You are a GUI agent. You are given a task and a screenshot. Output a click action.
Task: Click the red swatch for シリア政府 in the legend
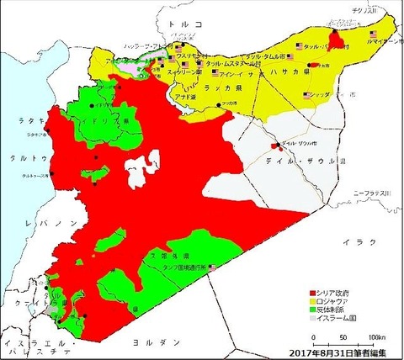311,289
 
